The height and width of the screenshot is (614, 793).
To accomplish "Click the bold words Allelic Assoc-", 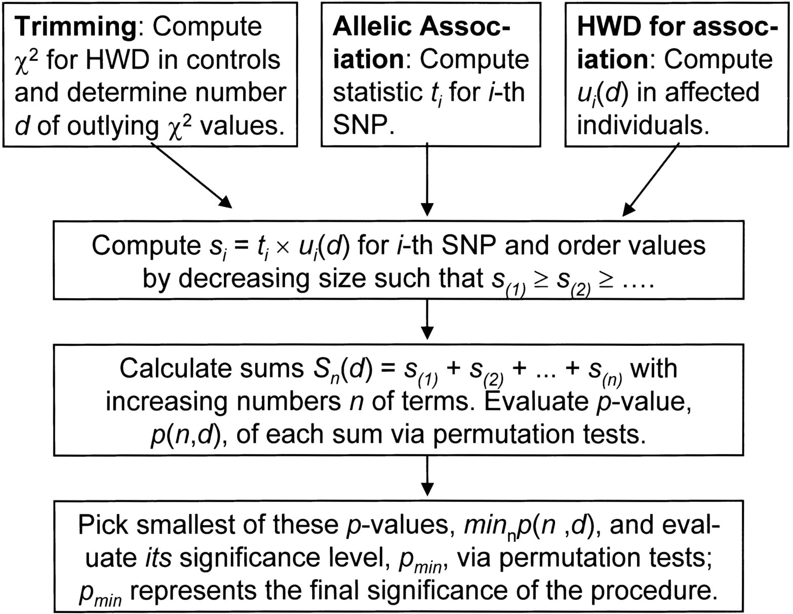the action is click(421, 27).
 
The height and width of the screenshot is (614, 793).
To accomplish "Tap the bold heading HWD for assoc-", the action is click(678, 27).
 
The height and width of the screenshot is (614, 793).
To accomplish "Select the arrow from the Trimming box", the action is click(191, 175).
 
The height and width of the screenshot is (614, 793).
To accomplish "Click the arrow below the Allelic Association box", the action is click(427, 179).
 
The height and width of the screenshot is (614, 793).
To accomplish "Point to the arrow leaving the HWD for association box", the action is click(650, 179).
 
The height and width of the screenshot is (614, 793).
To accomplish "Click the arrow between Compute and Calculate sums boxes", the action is click(427, 319).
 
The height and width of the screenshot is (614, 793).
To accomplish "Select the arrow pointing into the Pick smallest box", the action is click(427, 476).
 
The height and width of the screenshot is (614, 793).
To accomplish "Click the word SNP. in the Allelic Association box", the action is click(364, 125).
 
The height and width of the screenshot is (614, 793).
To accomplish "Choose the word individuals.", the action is click(643, 125).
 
